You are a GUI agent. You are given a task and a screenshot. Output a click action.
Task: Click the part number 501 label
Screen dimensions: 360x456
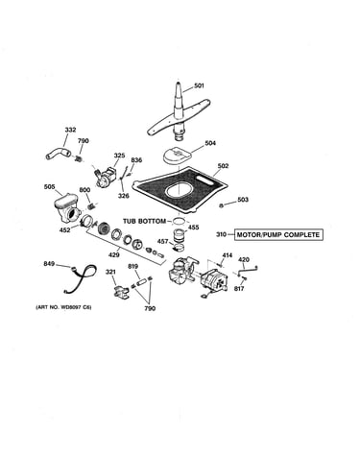point(199,85)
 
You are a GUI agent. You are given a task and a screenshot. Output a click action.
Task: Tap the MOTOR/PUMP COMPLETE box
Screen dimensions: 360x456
point(278,235)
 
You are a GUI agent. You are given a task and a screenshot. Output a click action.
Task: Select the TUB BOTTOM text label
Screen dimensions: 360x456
point(144,221)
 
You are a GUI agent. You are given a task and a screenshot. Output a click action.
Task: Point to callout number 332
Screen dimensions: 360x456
point(70,130)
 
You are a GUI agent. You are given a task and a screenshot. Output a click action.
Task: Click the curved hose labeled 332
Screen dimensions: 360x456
point(59,153)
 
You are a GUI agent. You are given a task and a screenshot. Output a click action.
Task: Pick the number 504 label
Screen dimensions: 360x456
point(210,143)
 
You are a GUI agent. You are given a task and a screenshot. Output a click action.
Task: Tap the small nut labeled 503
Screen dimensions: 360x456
point(221,205)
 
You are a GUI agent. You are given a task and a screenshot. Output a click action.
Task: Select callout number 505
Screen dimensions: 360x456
point(49,187)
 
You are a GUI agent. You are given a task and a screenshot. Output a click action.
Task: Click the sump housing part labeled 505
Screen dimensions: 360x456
point(67,209)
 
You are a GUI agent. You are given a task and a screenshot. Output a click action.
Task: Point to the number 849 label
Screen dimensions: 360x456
point(49,264)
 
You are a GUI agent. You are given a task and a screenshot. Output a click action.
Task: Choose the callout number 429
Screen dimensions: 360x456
point(114,255)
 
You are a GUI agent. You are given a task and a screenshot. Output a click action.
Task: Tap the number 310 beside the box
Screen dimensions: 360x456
point(221,234)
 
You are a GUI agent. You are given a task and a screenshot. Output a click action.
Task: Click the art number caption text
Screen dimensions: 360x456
point(63,307)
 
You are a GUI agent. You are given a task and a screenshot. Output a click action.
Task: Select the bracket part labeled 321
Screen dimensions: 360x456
point(120,292)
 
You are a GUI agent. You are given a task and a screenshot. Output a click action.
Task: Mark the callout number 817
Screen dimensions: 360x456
point(239,289)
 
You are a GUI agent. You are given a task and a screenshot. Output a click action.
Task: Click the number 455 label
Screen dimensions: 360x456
point(193,228)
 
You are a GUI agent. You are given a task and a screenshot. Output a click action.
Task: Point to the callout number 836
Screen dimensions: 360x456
point(136,160)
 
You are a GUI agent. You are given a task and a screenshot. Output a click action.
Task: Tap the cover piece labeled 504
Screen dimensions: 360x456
point(177,156)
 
